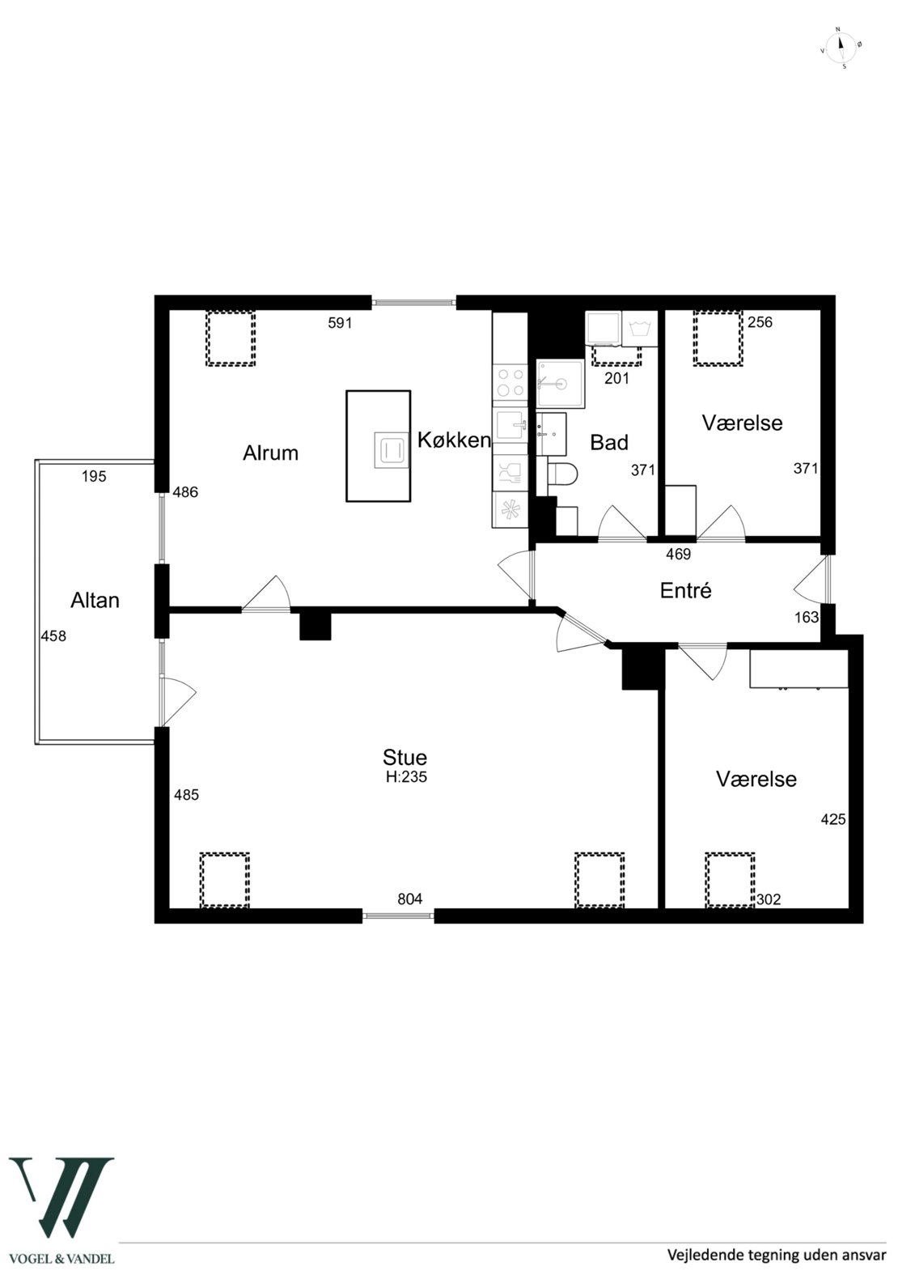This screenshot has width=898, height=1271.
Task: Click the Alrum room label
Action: tap(270, 453)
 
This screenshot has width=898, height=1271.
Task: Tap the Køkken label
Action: tap(454, 440)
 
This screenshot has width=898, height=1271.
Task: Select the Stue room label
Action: tap(405, 757)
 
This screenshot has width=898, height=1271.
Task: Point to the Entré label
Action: tap(685, 591)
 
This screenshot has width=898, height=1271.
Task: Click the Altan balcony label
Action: tap(95, 601)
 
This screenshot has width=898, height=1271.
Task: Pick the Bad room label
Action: tap(609, 443)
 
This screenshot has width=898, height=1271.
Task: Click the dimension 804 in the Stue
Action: tap(410, 899)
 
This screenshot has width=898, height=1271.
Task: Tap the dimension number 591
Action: tap(340, 323)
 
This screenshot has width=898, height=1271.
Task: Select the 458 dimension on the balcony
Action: tap(53, 636)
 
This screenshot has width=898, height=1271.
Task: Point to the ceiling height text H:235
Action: tap(406, 777)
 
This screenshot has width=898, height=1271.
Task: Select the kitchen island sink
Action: tap(391, 451)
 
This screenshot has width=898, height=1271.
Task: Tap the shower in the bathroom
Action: tap(560, 384)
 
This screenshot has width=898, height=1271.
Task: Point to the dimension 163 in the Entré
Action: tap(807, 617)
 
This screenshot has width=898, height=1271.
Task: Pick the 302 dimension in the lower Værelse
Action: tap(769, 899)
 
